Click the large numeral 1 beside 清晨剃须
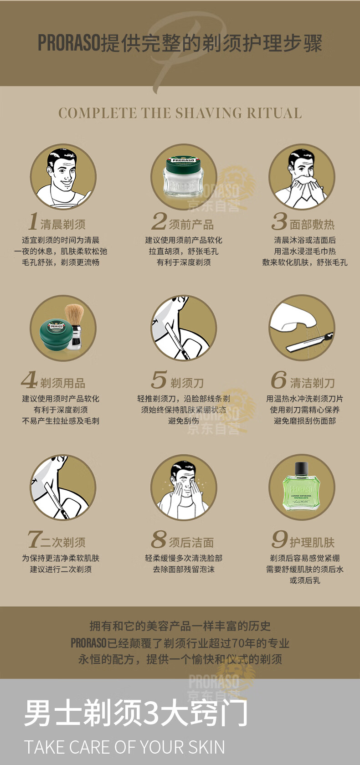tap(33, 221)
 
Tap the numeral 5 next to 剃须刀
tap(159, 380)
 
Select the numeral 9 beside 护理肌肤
tap(279, 539)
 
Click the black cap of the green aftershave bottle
tap(301, 468)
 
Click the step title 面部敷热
tap(312, 224)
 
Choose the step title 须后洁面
tap(191, 542)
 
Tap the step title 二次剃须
tap(63, 542)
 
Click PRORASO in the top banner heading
tap(69, 43)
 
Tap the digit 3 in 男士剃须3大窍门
tap(151, 713)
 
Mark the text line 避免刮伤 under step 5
tap(183, 421)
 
